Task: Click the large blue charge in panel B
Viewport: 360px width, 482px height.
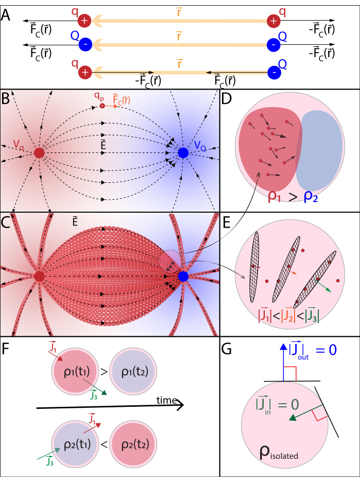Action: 183,153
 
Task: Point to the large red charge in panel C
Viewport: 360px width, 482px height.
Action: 39,277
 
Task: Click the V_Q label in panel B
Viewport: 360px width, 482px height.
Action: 201,147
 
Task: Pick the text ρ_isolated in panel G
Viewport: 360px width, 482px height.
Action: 281,453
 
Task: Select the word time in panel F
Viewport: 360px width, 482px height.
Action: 167,401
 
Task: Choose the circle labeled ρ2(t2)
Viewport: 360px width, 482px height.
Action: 133,443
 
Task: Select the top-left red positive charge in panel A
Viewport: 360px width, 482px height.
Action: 84,21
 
